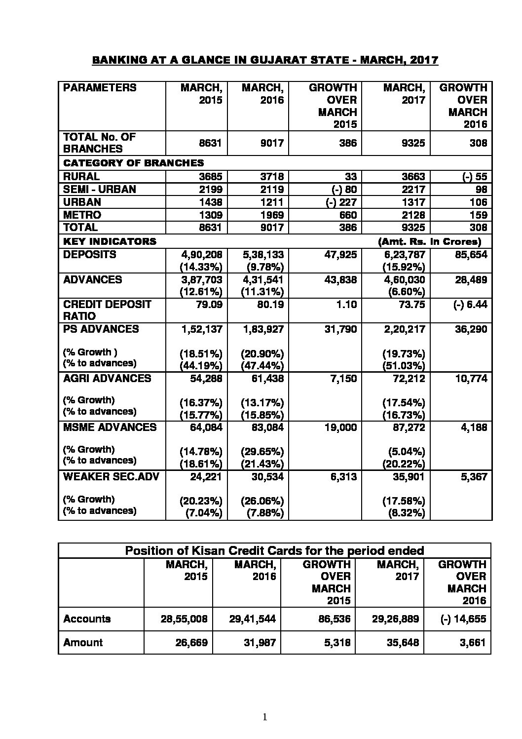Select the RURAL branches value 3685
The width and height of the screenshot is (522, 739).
click(x=210, y=176)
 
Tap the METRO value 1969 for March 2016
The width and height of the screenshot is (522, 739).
click(x=271, y=215)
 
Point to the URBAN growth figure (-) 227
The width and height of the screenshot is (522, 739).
click(x=338, y=202)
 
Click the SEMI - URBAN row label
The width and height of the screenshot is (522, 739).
click(x=100, y=189)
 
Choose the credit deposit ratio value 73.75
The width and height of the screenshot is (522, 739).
click(x=411, y=304)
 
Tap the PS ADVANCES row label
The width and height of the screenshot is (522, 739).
click(x=101, y=329)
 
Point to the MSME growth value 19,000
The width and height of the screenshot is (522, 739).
click(x=340, y=427)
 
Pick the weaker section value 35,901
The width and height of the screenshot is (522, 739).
click(x=409, y=476)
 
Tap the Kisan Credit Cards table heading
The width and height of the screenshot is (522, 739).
click(x=274, y=550)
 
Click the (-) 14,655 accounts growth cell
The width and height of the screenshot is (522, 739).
click(x=463, y=619)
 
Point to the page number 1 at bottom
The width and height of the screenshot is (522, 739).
click(x=265, y=717)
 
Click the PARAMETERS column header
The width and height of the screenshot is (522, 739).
click(x=100, y=88)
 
